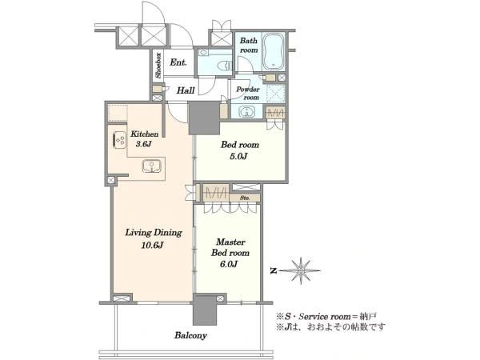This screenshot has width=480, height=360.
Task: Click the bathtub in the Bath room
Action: click(274, 51)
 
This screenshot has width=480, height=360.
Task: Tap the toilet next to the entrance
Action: click(223, 66)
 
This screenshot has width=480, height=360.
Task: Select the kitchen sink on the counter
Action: click(151, 166)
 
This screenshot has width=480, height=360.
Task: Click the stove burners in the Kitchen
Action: click(120, 139)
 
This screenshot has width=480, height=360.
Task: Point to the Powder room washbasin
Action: click(246, 111)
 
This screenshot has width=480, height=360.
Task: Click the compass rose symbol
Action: click(301, 270)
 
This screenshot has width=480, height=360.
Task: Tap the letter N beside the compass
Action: click(274, 270)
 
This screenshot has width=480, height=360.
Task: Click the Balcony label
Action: click(190, 335)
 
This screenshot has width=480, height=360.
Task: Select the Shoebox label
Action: click(158, 66)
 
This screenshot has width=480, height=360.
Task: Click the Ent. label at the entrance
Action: click(178, 62)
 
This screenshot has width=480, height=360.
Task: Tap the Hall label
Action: click(186, 90)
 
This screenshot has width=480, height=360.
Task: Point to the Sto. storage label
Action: click(245, 198)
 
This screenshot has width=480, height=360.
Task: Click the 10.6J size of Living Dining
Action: click(152, 245)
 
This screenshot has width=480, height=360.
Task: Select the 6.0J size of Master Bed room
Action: click(229, 264)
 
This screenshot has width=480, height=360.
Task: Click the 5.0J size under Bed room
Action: click(238, 156)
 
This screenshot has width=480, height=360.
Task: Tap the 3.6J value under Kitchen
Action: click(143, 144)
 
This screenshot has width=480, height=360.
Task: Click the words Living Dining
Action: click(154, 233)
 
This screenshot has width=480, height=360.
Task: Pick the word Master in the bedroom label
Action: click(231, 242)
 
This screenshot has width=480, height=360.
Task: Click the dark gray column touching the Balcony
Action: click(205, 309)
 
